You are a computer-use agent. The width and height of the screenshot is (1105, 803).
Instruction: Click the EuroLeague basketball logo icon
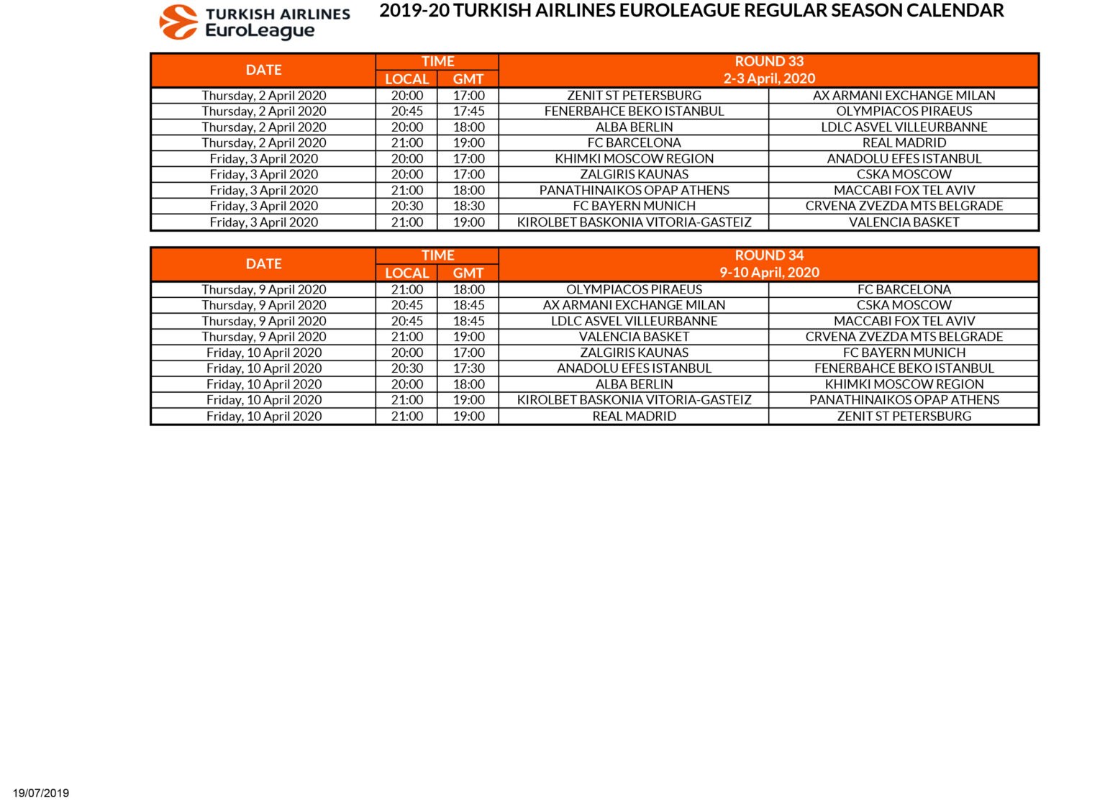click(x=178, y=22)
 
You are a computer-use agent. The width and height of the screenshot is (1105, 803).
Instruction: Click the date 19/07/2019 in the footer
click(x=41, y=793)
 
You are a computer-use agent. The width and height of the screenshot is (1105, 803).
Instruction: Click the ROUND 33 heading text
click(x=768, y=62)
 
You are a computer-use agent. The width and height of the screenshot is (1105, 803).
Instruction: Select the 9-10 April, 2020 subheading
click(x=768, y=273)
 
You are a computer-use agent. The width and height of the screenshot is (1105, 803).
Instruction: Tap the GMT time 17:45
click(x=468, y=112)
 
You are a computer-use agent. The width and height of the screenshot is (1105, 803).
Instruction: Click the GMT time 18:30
click(x=468, y=207)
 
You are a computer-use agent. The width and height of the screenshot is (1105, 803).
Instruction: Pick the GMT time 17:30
click(x=468, y=368)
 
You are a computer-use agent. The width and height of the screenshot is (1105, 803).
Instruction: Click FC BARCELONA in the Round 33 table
click(x=634, y=143)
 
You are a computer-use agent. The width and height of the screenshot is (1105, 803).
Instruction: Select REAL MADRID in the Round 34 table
click(x=634, y=417)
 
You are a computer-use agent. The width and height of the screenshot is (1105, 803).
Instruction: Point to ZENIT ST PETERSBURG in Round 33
click(x=634, y=96)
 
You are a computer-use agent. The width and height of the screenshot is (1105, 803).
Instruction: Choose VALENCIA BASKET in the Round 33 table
click(x=904, y=222)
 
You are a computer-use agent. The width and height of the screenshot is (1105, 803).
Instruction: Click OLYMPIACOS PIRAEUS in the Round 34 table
click(x=634, y=290)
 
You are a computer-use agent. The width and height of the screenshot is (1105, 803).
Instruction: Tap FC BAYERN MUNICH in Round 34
click(x=904, y=353)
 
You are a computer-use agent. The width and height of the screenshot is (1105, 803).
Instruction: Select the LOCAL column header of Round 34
click(x=406, y=273)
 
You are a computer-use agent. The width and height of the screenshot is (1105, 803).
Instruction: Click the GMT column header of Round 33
click(x=468, y=79)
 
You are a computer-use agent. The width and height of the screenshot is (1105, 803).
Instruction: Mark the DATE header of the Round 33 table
click(x=263, y=71)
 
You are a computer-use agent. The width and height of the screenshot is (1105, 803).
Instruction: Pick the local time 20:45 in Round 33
click(x=406, y=112)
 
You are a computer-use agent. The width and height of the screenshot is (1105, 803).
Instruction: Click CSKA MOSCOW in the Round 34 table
click(x=904, y=305)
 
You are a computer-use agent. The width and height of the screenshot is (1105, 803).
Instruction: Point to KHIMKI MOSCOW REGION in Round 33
click(x=634, y=159)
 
